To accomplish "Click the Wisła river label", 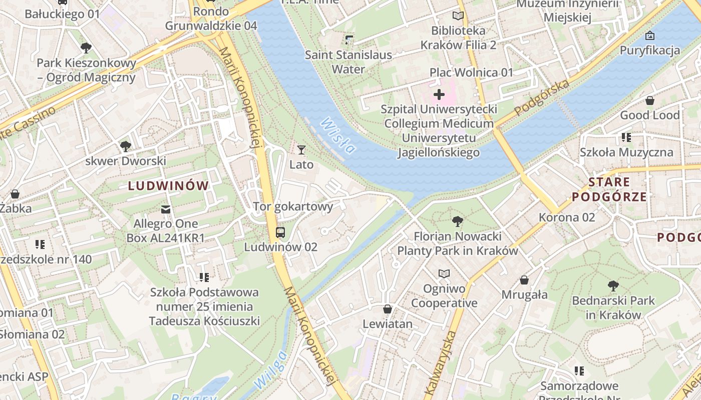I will point(338,135).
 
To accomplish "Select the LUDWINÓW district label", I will point(168,186).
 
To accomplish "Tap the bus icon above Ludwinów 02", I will point(280,232).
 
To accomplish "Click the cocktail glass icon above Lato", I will point(301,149).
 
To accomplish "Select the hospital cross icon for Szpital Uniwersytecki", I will point(439,94).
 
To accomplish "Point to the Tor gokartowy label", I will point(293,206).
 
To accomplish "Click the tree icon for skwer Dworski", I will point(125,146).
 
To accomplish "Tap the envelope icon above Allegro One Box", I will point(166,209).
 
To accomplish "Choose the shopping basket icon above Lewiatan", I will point(387,309).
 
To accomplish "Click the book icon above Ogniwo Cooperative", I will point(444,273).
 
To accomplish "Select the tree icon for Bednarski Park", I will point(613,286).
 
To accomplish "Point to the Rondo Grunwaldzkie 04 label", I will point(211,18).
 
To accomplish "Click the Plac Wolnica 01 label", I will point(471,72).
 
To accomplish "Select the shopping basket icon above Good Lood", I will point(649,100).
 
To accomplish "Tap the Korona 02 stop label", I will point(567,217).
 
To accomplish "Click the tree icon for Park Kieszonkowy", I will point(86,48).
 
